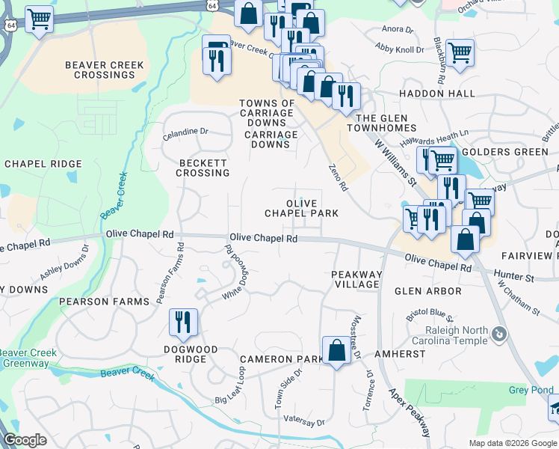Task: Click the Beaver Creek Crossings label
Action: (x=105, y=70)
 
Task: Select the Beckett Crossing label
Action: (x=203, y=168)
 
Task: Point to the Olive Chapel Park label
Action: (x=301, y=208)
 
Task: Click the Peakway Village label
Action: (x=356, y=279)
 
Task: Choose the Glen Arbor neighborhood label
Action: (x=427, y=290)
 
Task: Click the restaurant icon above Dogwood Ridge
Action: (x=183, y=322)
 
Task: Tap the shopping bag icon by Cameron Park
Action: (x=336, y=349)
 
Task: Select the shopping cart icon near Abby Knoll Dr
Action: (x=459, y=52)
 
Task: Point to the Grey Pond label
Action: (x=531, y=390)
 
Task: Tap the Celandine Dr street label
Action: (x=186, y=132)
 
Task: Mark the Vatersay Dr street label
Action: (x=300, y=423)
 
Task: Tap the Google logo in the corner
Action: (x=25, y=440)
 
